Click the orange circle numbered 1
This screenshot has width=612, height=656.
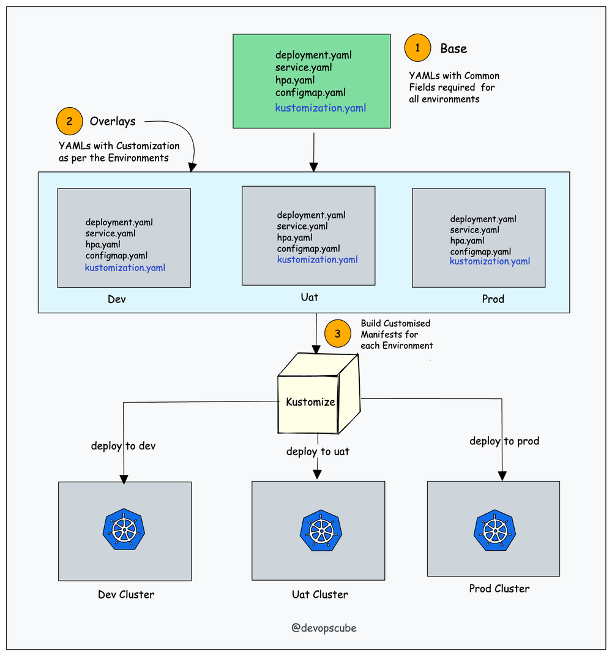[418, 48]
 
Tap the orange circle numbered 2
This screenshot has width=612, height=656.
[69, 121]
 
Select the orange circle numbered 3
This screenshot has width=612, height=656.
[338, 334]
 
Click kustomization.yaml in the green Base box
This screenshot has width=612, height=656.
[321, 108]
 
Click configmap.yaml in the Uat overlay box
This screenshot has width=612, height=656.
[308, 248]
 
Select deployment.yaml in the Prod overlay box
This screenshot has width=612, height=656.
[483, 219]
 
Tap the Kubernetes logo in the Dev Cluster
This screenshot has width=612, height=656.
[123, 527]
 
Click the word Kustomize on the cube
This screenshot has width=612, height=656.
[310, 402]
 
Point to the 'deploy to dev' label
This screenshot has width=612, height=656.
[123, 446]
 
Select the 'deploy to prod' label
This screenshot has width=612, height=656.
[504, 441]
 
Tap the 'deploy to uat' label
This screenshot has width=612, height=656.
[318, 452]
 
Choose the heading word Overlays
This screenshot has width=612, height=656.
[113, 121]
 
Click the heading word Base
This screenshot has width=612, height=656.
[453, 48]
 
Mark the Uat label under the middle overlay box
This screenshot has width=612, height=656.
[310, 297]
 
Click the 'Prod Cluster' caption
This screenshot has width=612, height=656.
[499, 589]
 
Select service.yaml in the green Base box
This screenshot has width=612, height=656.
[304, 67]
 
